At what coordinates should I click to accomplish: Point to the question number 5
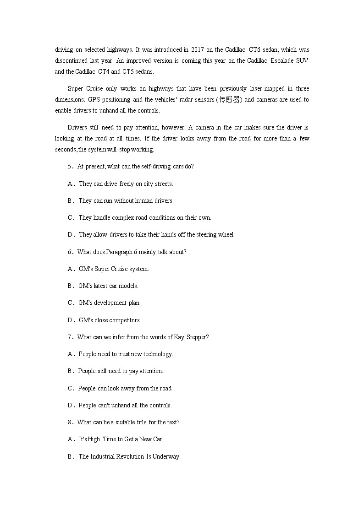click(71, 167)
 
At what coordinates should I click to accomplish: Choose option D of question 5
click(71, 235)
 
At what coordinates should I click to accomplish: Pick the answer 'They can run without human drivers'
click(126, 201)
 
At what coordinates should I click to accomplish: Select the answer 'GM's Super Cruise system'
click(114, 269)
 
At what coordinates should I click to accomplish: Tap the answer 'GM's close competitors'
click(110, 320)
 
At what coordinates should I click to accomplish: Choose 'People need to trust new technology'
click(126, 354)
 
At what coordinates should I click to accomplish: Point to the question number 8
click(71, 422)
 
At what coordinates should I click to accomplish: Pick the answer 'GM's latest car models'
click(108, 286)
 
